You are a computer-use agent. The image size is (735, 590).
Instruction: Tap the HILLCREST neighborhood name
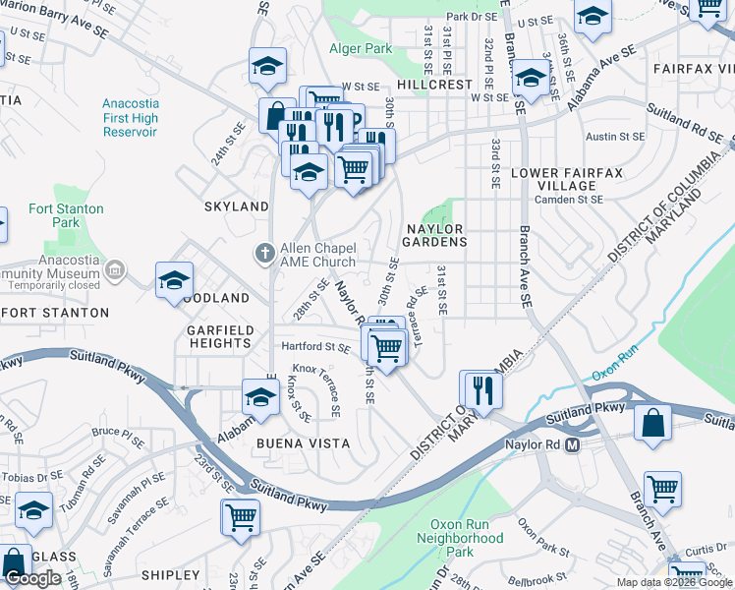pos(435,85)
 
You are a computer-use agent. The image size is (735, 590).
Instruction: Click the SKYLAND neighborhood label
pos(236,206)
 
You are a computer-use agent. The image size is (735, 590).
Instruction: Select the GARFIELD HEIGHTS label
pos(220,336)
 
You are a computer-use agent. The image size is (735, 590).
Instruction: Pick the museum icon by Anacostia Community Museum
pos(115,267)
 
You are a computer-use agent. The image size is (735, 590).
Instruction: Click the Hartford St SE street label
pos(315,347)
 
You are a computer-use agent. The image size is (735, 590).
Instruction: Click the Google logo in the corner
pos(32,578)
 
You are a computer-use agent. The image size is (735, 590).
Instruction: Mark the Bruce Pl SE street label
pos(118,431)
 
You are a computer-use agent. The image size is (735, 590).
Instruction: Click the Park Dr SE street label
pos(471,17)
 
